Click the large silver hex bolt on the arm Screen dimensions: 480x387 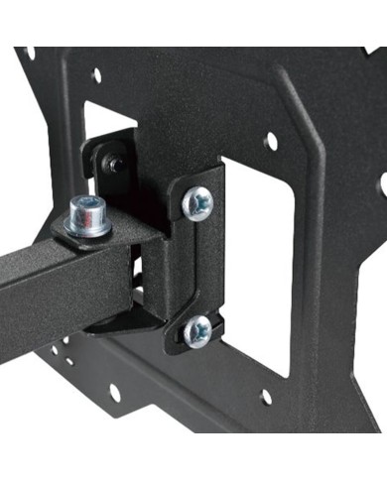[87, 217]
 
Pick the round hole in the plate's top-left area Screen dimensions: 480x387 [96, 74]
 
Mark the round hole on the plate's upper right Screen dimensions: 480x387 [269, 142]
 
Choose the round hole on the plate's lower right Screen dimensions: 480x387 [266, 398]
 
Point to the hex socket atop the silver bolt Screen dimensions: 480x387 [87, 205]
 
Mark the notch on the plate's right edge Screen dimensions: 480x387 [382, 183]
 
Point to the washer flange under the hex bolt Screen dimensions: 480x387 [87, 229]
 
